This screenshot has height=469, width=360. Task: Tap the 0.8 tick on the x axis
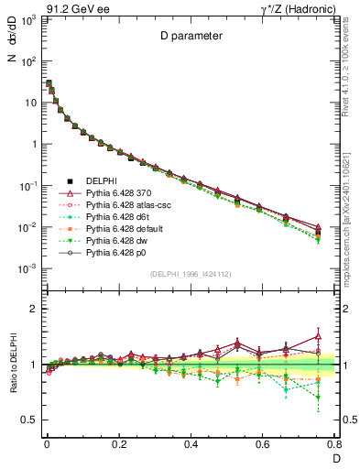(334, 443)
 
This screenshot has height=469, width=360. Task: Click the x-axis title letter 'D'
(334, 458)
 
